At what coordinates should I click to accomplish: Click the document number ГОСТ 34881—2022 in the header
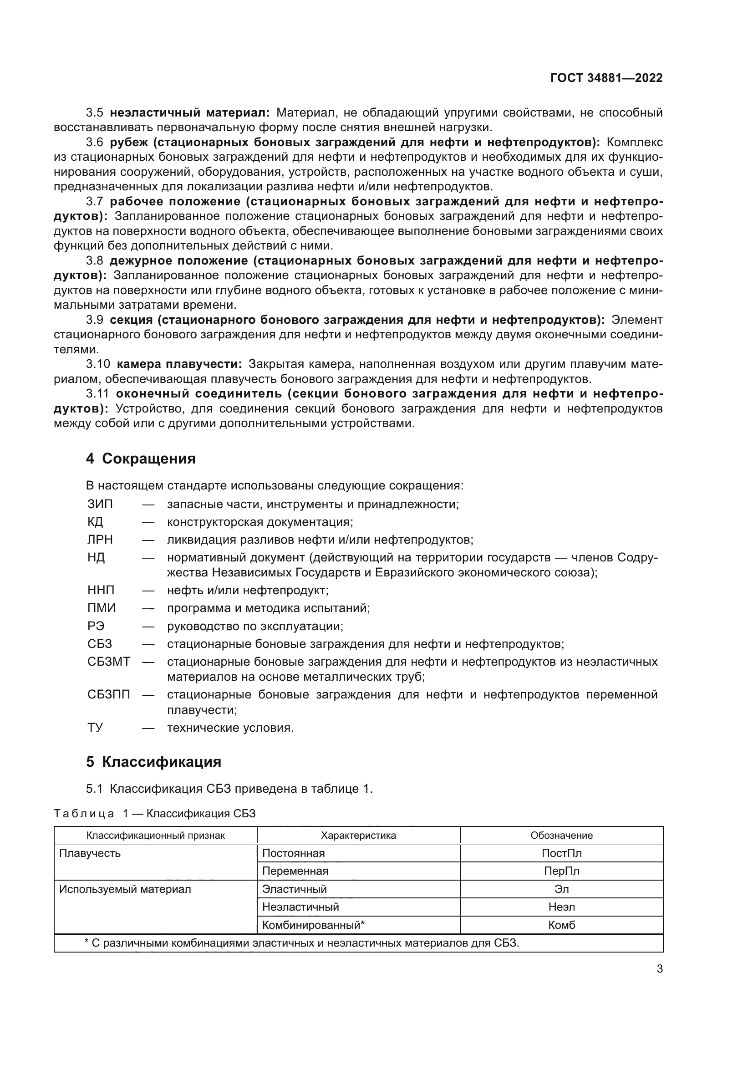tap(606, 78)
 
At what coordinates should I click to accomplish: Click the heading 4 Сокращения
tap(141, 459)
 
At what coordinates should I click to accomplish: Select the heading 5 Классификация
tap(153, 762)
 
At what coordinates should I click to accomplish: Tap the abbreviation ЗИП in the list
tap(100, 504)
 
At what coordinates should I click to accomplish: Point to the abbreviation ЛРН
tap(100, 540)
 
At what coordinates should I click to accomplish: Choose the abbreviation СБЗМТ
tap(108, 662)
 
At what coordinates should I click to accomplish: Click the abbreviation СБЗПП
tap(108, 694)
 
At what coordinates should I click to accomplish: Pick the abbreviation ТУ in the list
tap(95, 727)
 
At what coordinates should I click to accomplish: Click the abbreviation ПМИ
tap(101, 608)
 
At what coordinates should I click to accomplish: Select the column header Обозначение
tap(561, 836)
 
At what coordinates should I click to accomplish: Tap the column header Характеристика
tap(358, 836)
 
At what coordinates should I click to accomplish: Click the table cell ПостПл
tap(561, 853)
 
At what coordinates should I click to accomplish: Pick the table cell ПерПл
tap(561, 871)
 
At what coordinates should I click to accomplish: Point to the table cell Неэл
tap(561, 907)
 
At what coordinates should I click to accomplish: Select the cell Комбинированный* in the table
tap(313, 925)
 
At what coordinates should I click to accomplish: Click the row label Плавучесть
tap(90, 853)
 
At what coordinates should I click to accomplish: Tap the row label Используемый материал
tap(125, 889)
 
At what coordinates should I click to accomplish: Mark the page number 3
tap(659, 969)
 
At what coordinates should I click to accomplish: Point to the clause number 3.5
tap(94, 113)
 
